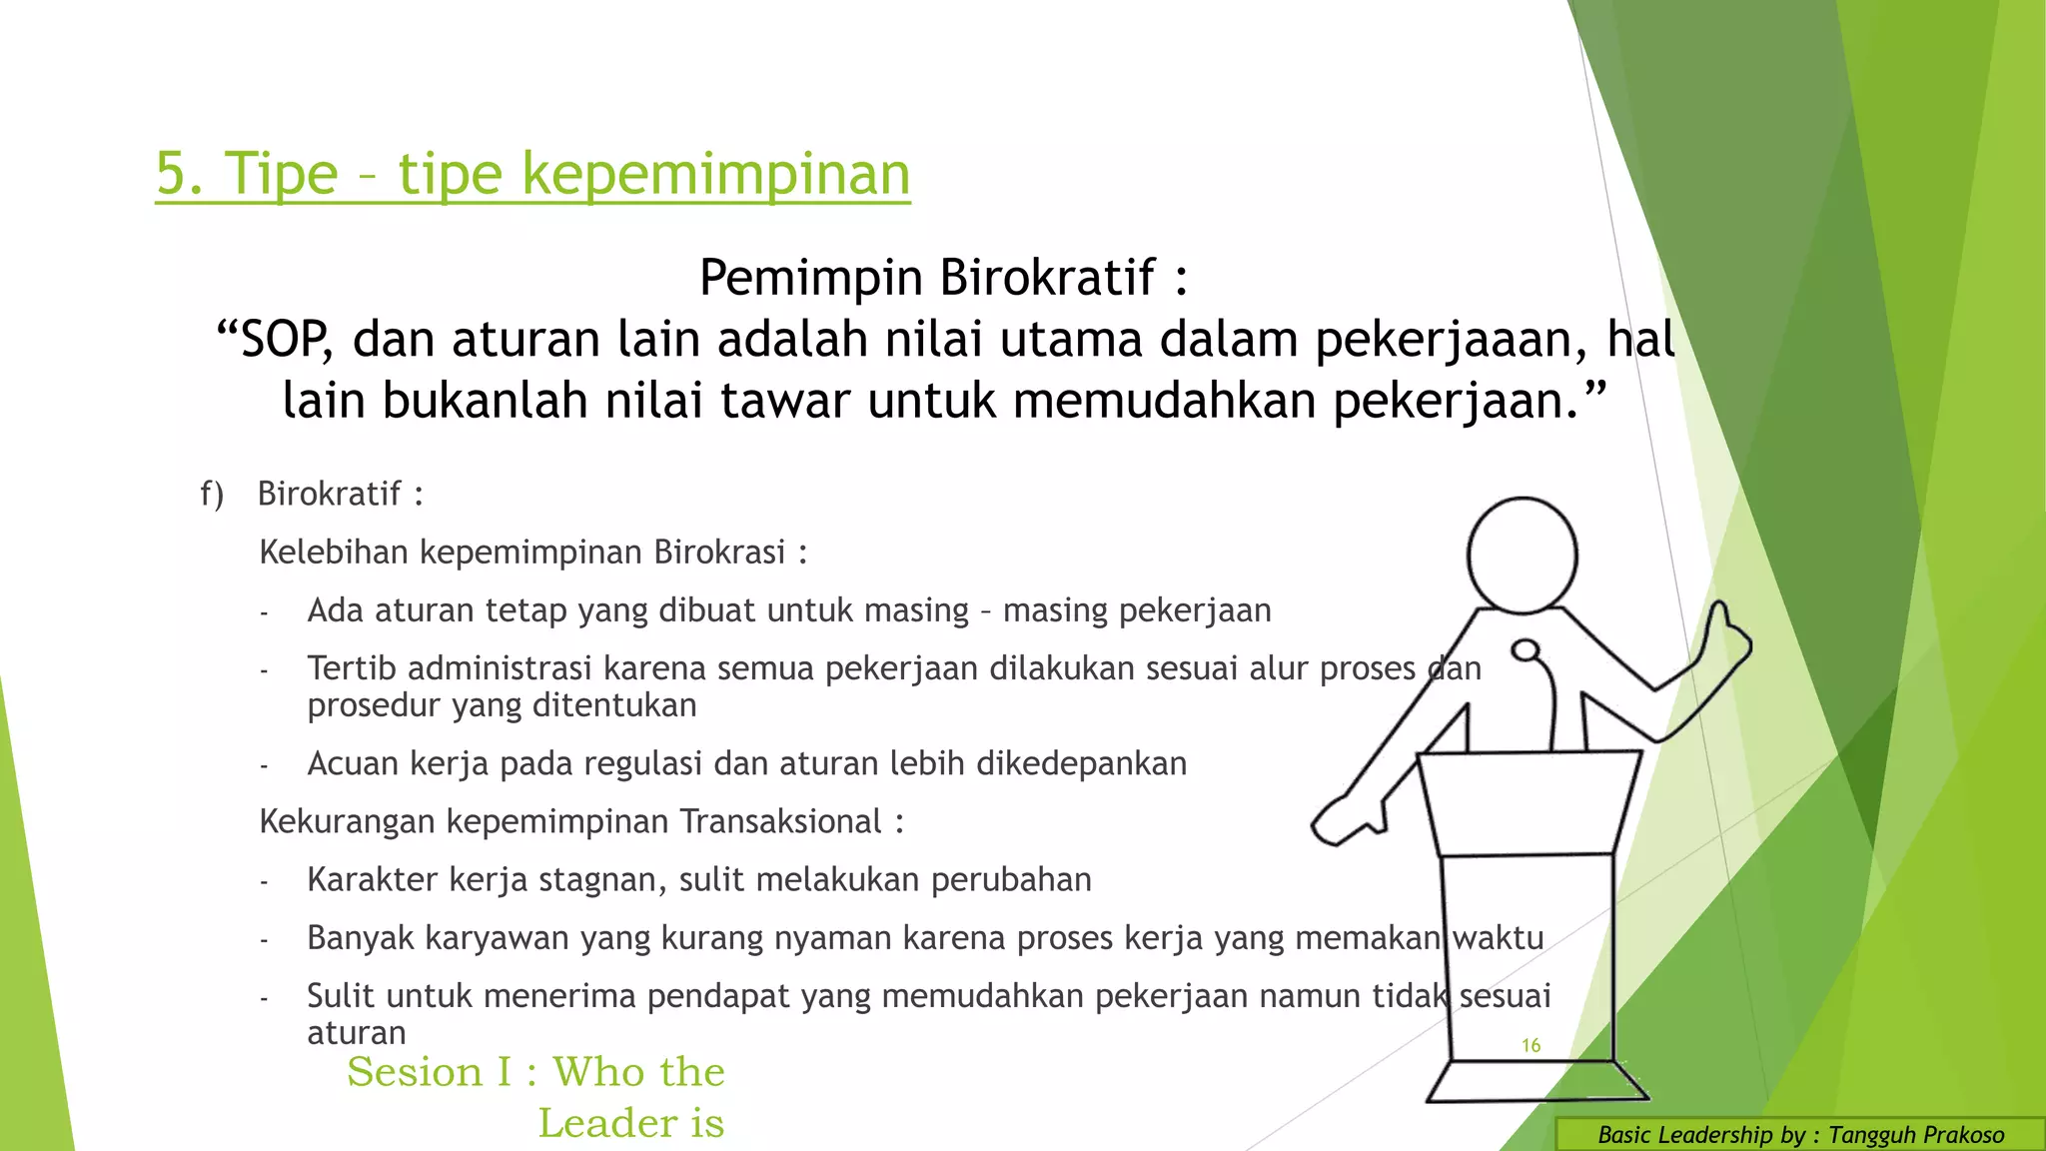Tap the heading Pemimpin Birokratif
[x=942, y=278]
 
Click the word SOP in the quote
[x=284, y=340]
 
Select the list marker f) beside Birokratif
[x=212, y=494]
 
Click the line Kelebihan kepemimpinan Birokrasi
[x=532, y=553]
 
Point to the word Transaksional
[x=780, y=821]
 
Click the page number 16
[x=1531, y=1045]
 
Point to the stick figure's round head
[x=1522, y=556]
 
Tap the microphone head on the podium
[x=1526, y=651]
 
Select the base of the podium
[x=1535, y=1082]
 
